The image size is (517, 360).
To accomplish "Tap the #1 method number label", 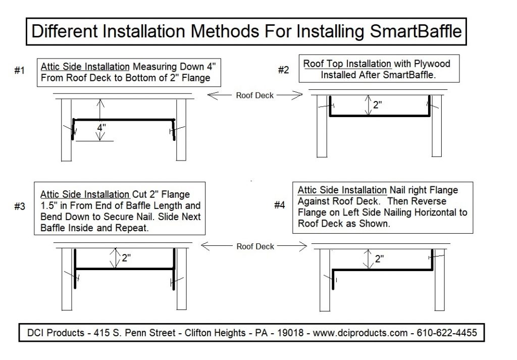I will click(x=20, y=71).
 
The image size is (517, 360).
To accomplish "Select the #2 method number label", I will click(x=284, y=70).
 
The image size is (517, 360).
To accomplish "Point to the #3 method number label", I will click(x=20, y=207).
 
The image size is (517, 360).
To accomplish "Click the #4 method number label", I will click(x=280, y=205).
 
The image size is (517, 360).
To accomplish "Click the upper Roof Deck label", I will click(x=255, y=95).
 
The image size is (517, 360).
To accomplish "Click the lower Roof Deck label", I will click(x=255, y=246).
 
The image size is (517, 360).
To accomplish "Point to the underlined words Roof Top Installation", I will click(x=347, y=64).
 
